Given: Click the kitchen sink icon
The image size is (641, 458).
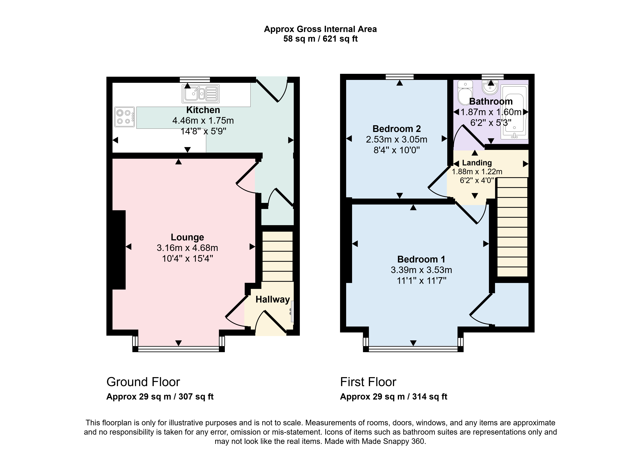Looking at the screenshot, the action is (201, 94).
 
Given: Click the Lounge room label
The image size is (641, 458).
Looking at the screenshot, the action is (187, 237).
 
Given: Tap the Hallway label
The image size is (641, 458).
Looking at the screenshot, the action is (273, 299).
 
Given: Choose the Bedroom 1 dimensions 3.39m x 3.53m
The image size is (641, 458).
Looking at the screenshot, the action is (421, 270).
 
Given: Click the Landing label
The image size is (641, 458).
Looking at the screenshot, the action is (477, 163).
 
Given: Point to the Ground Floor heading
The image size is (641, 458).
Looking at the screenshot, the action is (143, 382).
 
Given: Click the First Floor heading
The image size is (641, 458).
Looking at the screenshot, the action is (368, 382).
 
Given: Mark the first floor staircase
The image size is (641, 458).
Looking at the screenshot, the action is (512, 227).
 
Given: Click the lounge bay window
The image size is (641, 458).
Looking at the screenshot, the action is (179, 349).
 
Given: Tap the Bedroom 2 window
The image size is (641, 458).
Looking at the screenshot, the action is (400, 77).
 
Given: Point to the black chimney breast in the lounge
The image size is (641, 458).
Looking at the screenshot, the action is (119, 250).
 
